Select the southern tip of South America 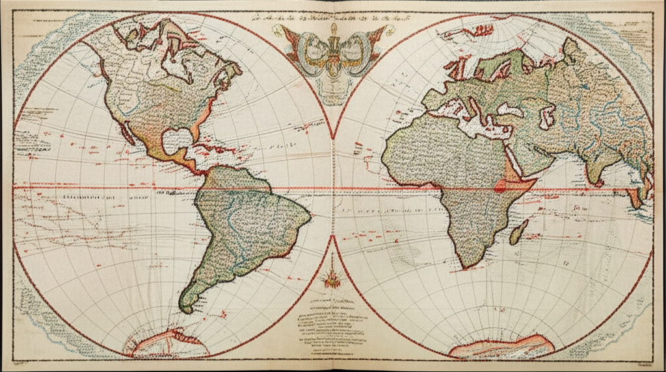(x=186, y=308)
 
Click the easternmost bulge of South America (x=306, y=211)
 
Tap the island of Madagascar (x=518, y=232)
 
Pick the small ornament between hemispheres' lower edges (x=332, y=273)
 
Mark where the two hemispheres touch (x=333, y=188)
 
